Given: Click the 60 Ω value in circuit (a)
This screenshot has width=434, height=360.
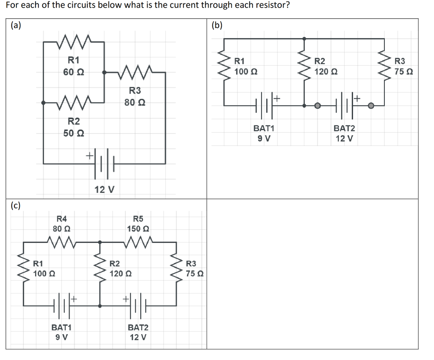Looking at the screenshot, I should click(73, 72).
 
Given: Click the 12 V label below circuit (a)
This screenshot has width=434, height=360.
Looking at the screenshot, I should click(104, 189).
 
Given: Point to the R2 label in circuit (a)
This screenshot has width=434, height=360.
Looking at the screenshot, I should click(74, 122).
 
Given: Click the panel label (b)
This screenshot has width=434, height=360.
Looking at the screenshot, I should click(217, 25).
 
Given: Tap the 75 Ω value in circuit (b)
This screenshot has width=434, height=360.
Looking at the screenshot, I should click(403, 71).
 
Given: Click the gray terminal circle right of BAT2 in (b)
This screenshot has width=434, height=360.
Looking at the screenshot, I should click(371, 106).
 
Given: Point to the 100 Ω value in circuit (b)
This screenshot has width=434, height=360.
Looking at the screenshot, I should click(245, 71).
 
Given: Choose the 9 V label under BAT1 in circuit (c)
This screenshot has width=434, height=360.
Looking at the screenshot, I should click(62, 338).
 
